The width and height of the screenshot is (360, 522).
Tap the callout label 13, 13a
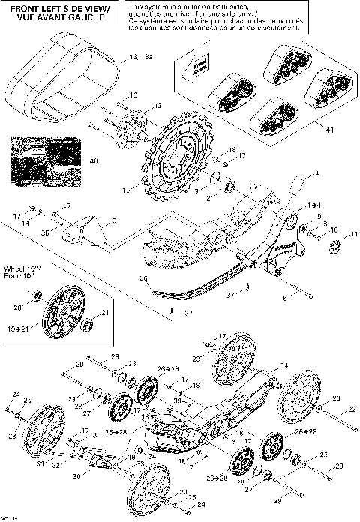pyautogui.click(x=140, y=57)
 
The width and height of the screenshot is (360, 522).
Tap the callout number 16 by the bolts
pyautogui.click(x=133, y=94)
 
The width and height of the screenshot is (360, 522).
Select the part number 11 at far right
pyautogui.click(x=346, y=235)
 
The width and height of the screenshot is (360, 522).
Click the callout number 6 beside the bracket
pyautogui.click(x=114, y=220)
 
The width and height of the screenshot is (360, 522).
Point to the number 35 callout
pyautogui.click(x=45, y=232)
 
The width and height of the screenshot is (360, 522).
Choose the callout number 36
pyautogui.click(x=143, y=277)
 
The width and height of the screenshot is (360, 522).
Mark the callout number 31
pyautogui.click(x=28, y=462)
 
